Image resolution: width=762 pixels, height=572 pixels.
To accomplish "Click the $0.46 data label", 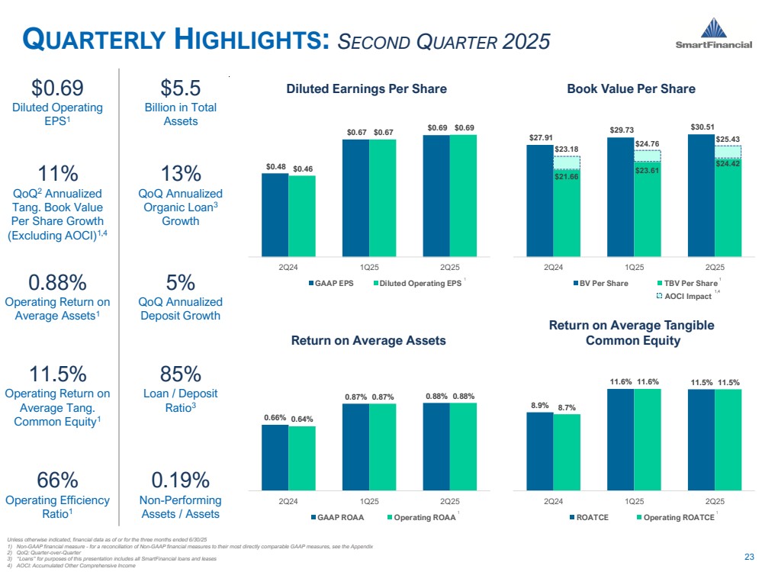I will click(302, 168).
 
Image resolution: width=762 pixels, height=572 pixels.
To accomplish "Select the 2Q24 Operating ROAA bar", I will click(302, 458).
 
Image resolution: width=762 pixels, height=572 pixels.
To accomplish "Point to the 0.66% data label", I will click(275, 417).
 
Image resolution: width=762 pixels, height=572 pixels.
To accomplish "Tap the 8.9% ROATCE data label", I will click(539, 405).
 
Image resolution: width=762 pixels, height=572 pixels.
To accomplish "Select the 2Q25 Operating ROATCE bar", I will click(728, 439).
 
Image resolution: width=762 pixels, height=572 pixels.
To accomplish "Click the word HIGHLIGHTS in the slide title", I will click(256, 40).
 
